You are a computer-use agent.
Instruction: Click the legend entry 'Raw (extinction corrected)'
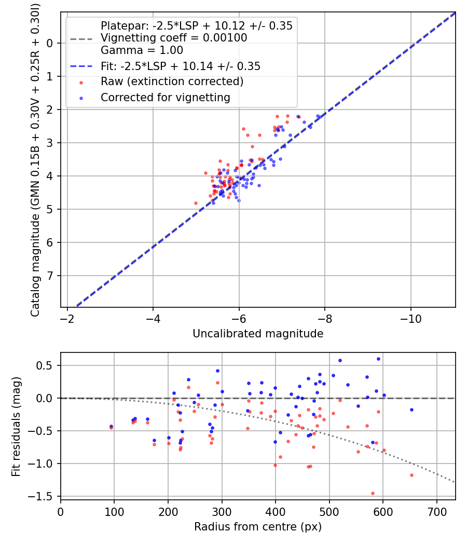(172, 81)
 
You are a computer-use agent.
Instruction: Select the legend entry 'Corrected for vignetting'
(165, 97)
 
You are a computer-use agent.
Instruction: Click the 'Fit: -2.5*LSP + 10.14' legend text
(180, 66)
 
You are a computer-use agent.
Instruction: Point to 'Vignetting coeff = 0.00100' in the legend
(174, 38)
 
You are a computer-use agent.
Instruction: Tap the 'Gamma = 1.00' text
(142, 50)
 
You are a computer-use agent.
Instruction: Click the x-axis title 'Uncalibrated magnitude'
(258, 334)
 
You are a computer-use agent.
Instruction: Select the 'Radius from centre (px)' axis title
(258, 527)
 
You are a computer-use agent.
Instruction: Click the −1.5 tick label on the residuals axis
(43, 496)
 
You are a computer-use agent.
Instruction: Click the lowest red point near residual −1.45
(373, 493)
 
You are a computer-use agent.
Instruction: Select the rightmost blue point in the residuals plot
(411, 410)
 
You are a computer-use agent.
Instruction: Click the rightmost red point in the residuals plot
(411, 475)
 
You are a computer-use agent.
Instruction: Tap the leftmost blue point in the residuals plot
(111, 426)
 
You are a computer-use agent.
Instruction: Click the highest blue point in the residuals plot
(378, 359)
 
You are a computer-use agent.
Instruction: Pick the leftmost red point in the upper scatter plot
(196, 203)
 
